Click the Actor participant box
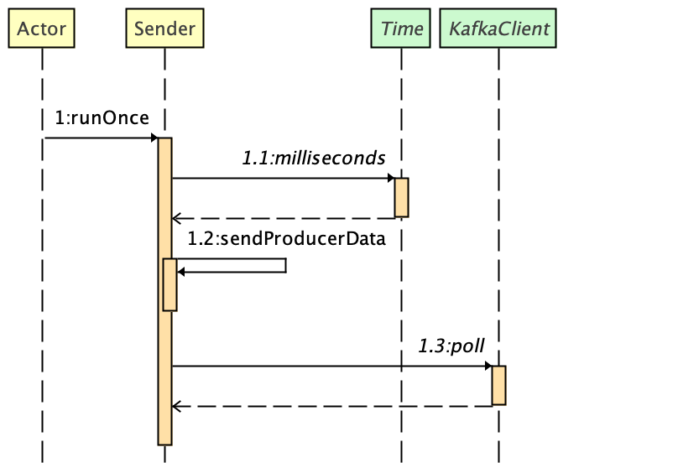41,29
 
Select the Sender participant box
164,29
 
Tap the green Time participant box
401,29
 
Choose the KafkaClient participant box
498,29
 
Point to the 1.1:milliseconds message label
313,158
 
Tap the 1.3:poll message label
452,346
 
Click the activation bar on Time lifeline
401,197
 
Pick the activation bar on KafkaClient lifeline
498,385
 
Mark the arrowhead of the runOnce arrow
154,138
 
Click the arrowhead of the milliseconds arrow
391,178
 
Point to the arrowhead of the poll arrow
488,366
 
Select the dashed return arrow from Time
285,218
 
